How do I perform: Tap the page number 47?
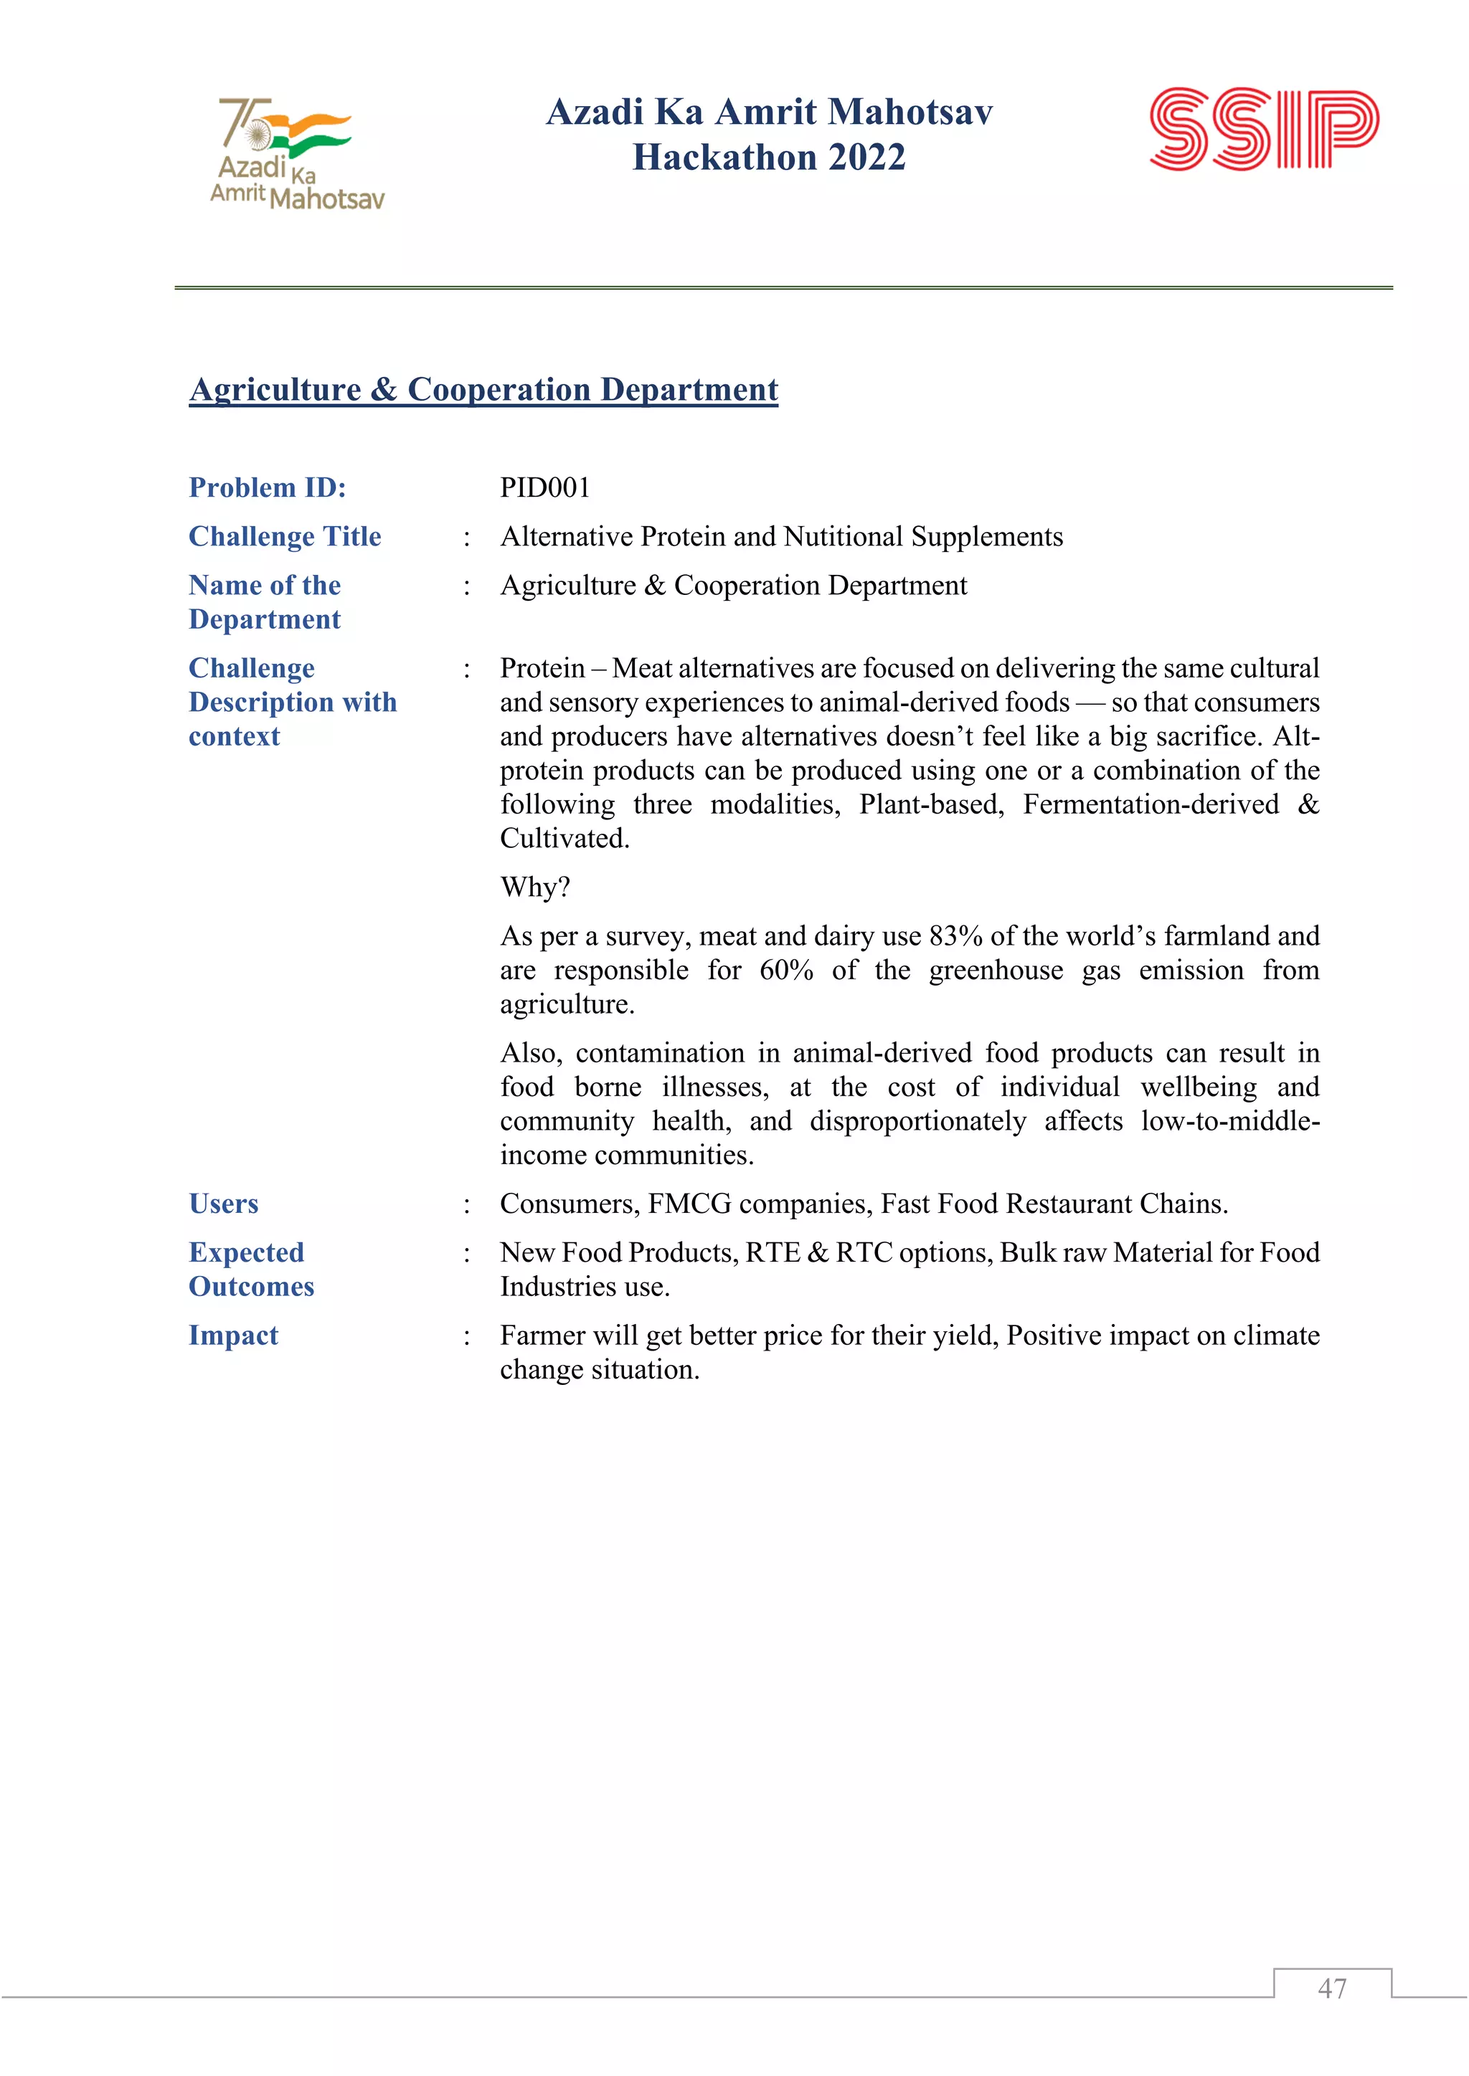[1331, 1989]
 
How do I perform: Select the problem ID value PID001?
[544, 488]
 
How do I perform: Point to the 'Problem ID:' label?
[267, 488]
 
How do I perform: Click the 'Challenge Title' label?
[284, 537]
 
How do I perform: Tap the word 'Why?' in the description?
[534, 887]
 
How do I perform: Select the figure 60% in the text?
[785, 970]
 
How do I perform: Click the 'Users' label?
[223, 1204]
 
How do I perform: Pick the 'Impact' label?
[233, 1335]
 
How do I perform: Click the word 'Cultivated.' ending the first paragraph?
[565, 839]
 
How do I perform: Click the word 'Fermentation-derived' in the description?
[1150, 805]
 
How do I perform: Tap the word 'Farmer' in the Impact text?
[543, 1335]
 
